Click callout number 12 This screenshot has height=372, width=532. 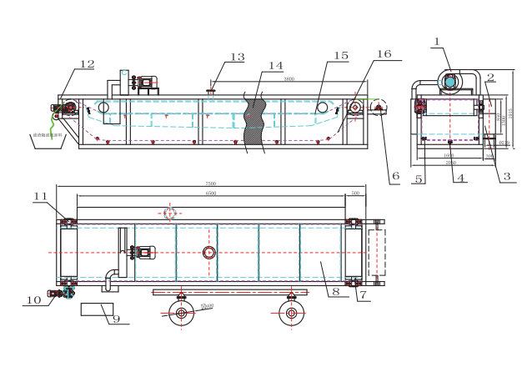tap(87, 63)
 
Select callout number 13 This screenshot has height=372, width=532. tap(238, 57)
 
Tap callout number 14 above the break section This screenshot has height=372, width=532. tap(276, 64)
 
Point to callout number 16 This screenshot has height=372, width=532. tap(383, 53)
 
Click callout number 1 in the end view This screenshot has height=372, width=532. tap(437, 40)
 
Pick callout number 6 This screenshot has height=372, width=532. tap(395, 176)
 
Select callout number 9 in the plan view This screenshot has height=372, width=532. tap(116, 318)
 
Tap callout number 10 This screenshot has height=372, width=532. tap(34, 299)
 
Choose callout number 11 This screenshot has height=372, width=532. tap(40, 196)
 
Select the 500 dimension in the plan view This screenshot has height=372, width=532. tap(356, 194)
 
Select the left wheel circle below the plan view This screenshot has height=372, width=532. tap(180, 314)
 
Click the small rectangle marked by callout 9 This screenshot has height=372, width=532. tap(97, 310)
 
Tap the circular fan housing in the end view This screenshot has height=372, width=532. tap(450, 81)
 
